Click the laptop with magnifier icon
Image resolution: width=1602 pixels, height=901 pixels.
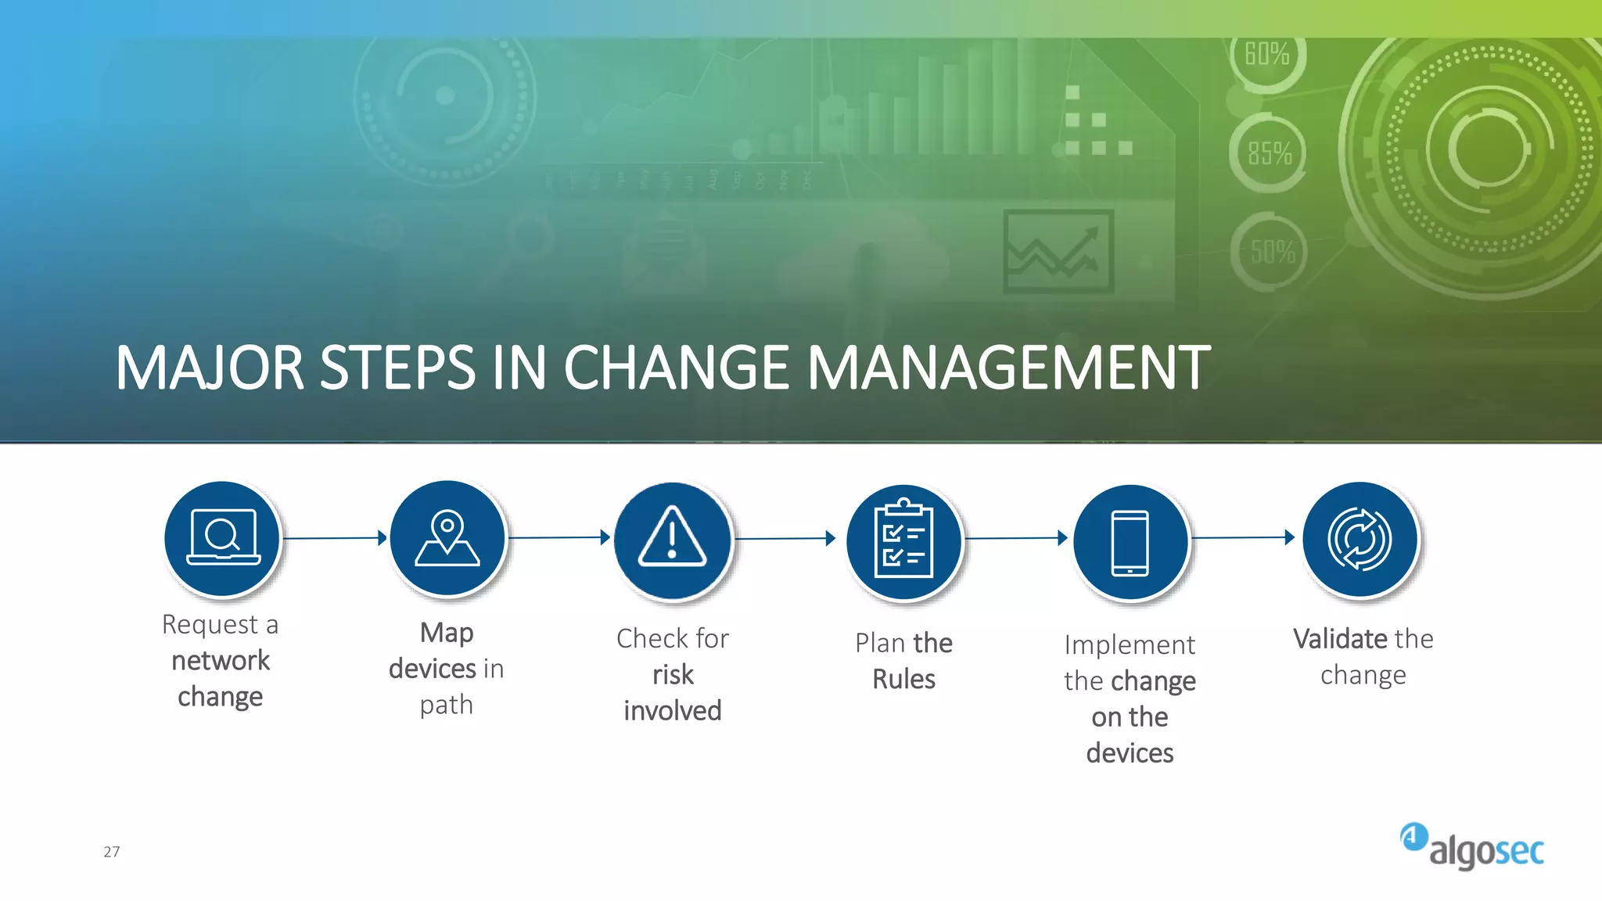click(x=223, y=539)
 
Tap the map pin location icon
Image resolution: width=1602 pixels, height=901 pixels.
click(x=447, y=539)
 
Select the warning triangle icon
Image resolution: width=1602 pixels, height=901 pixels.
click(x=672, y=539)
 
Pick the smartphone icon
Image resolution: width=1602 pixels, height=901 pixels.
click(x=1130, y=542)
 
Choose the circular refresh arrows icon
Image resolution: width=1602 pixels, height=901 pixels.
click(x=1360, y=539)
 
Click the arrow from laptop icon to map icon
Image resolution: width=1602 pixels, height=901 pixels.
click(x=335, y=538)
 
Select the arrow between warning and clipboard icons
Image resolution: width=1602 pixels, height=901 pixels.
click(x=785, y=538)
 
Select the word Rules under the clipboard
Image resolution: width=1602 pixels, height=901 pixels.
click(x=903, y=679)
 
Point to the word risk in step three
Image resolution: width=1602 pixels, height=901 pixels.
click(x=673, y=674)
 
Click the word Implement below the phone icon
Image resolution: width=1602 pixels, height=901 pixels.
click(x=1130, y=645)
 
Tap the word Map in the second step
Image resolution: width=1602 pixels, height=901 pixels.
click(x=447, y=633)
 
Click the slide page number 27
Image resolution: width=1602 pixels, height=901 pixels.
click(x=112, y=852)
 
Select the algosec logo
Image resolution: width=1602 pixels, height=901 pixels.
click(x=1472, y=846)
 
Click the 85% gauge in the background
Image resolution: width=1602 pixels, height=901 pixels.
click(x=1269, y=153)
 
